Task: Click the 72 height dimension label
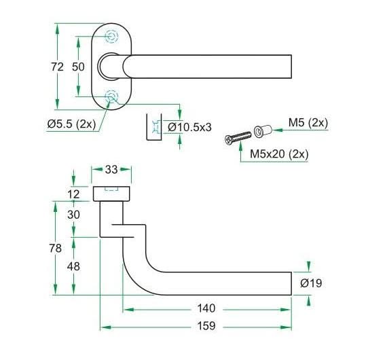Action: [57, 67]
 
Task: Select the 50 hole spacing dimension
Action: [78, 67]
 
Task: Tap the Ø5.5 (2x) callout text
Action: [71, 124]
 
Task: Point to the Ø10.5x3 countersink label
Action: [189, 127]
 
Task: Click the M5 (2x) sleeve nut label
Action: [308, 122]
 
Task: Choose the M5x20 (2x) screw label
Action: [279, 154]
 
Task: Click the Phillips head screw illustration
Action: [238, 138]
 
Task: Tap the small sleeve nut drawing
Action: [263, 131]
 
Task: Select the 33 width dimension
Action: [111, 169]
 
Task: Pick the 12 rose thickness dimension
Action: [73, 194]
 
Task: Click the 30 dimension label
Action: [73, 215]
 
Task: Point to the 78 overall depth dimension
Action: [56, 248]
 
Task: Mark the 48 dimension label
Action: [73, 266]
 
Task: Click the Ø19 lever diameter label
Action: [311, 283]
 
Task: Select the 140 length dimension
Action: [206, 308]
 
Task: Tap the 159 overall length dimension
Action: [206, 326]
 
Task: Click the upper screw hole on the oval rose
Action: [111, 37]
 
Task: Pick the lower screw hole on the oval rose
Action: [111, 96]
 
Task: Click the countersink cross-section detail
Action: [154, 127]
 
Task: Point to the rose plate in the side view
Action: [111, 194]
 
